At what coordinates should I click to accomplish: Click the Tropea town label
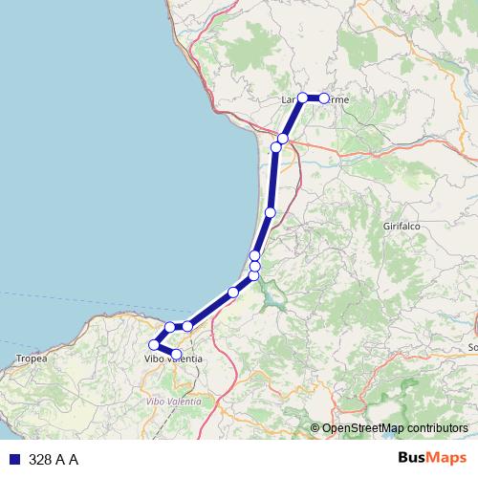click(31, 358)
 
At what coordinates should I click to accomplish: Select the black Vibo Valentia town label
click(172, 358)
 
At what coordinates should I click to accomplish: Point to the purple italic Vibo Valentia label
click(173, 402)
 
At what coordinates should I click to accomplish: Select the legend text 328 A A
click(54, 460)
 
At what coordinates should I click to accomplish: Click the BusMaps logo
click(432, 459)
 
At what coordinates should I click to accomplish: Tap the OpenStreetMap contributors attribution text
click(395, 428)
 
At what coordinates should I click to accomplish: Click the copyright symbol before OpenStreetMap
click(315, 428)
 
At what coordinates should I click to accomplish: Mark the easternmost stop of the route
click(324, 98)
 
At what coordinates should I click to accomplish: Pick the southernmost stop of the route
click(176, 355)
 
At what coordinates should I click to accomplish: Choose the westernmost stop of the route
click(154, 345)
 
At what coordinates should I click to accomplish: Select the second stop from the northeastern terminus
click(303, 98)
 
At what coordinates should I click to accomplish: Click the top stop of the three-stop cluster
click(255, 255)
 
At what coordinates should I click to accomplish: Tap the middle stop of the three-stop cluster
click(255, 266)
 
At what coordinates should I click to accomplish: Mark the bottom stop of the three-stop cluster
click(254, 276)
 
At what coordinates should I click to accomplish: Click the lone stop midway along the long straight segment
click(271, 212)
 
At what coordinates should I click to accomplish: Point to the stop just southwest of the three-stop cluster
click(233, 292)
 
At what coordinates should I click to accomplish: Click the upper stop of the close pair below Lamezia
click(283, 139)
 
